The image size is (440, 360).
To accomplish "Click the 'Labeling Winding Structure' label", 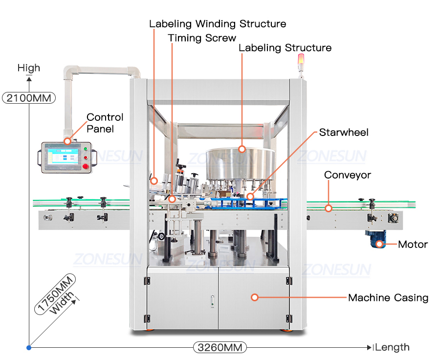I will [218, 23].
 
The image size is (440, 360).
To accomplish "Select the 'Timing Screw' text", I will [202, 38].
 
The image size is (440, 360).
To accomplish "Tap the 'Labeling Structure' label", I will [285, 48].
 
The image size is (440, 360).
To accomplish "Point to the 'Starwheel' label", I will [344, 133].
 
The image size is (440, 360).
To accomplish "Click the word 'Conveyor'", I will [348, 175].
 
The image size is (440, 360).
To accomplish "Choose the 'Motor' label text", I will [413, 244].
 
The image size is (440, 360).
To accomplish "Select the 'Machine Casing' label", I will [388, 297].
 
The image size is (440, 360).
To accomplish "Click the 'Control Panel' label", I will [105, 123].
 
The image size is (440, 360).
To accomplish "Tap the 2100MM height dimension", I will [29, 97].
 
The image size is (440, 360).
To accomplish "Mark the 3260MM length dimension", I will [220, 347].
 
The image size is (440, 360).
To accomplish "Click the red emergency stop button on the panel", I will [86, 166].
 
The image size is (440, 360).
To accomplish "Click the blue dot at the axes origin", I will [29, 347].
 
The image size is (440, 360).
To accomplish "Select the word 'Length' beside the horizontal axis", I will [392, 347].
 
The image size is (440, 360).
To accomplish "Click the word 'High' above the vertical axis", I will [29, 68].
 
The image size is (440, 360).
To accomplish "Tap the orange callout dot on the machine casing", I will [254, 297].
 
